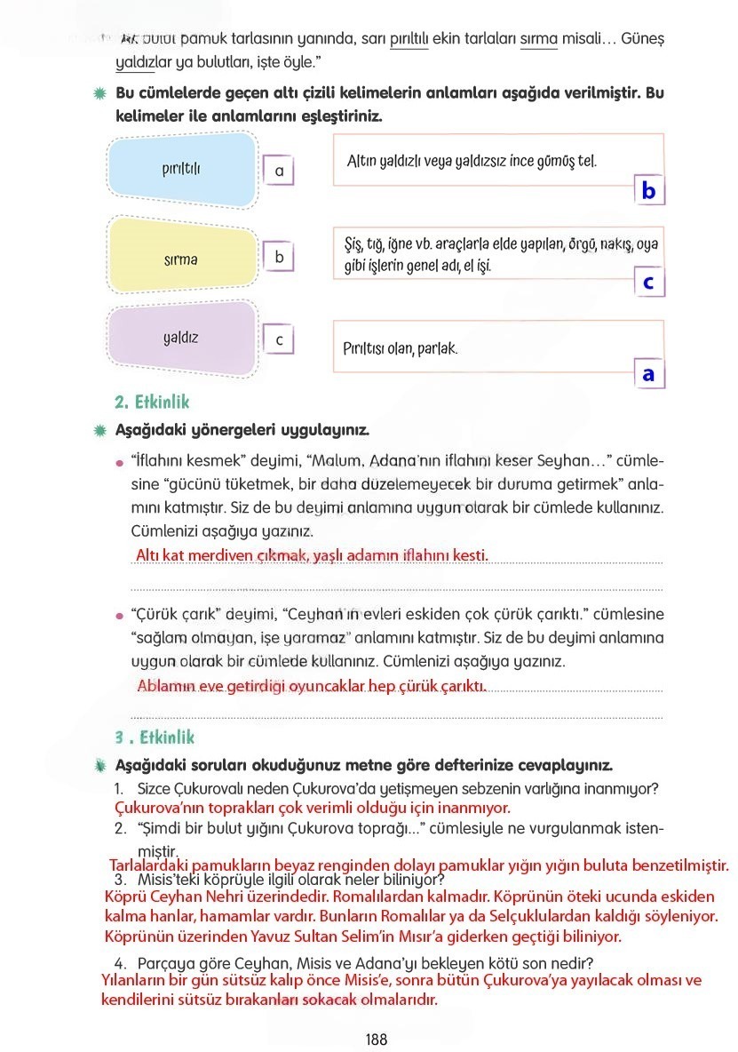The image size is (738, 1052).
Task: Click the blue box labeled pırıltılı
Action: [x=181, y=169]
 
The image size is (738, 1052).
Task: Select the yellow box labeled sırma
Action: [x=181, y=259]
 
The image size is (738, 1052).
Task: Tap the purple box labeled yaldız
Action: [x=181, y=339]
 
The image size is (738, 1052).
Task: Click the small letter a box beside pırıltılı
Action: [x=279, y=171]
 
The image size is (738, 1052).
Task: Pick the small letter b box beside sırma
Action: [x=279, y=258]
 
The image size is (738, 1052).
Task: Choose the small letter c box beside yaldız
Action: [x=279, y=340]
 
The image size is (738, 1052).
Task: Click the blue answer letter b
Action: [x=649, y=191]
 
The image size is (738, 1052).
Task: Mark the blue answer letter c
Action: [x=649, y=283]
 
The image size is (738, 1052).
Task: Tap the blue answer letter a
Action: [x=649, y=374]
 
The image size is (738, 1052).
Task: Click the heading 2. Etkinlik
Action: [x=152, y=402]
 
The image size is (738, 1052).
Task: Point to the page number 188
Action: [x=376, y=1039]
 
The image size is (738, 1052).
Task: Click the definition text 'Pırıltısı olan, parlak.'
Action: [x=401, y=349]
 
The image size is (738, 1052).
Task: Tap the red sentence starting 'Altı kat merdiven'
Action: [x=312, y=555]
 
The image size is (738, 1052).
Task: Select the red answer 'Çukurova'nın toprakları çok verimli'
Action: [x=313, y=809]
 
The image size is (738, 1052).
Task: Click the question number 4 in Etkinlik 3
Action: [x=119, y=963]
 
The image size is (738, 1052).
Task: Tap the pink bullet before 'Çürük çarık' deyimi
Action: [x=118, y=616]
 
